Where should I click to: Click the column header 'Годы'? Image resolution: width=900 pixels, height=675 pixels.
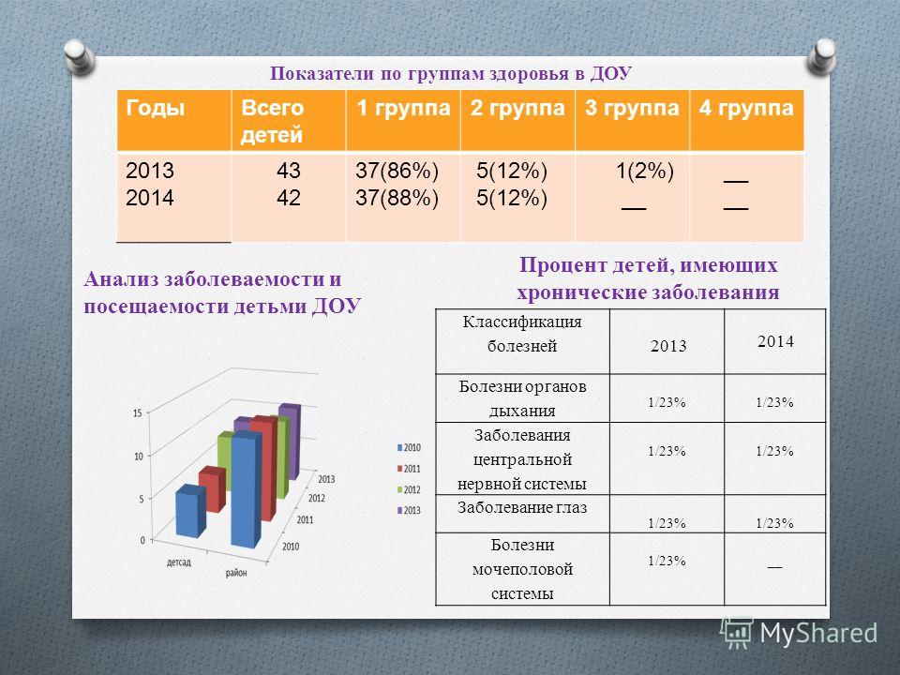[x=155, y=108]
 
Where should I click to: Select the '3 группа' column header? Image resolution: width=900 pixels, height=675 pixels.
[x=632, y=108]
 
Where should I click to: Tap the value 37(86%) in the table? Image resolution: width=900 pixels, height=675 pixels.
[x=397, y=171]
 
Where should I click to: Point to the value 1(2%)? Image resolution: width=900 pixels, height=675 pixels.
[x=645, y=171]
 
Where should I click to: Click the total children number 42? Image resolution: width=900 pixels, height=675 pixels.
[x=288, y=198]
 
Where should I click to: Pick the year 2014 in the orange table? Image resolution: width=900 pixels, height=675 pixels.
[x=150, y=198]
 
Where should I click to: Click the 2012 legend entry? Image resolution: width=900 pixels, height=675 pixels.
[x=409, y=489]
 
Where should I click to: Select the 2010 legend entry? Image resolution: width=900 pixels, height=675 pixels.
[x=409, y=448]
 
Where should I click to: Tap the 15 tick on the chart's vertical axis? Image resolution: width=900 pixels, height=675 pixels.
[x=137, y=412]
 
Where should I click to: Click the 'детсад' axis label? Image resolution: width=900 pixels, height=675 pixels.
[x=178, y=562]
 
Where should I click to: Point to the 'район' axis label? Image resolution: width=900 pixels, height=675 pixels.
[x=236, y=572]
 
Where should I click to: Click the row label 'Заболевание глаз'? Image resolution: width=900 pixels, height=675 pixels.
[x=522, y=507]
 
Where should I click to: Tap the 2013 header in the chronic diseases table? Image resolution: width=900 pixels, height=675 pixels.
[x=668, y=346]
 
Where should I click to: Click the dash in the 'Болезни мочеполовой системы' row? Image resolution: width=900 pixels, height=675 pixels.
[x=775, y=567]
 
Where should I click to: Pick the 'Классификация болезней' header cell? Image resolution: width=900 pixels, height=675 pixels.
[x=522, y=334]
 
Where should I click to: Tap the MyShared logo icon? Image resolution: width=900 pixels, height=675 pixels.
[x=737, y=633]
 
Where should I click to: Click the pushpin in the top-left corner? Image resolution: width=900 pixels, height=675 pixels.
[x=79, y=56]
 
